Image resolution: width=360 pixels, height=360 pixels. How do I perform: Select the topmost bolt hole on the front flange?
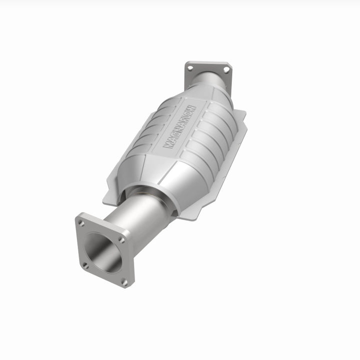(x=81, y=223)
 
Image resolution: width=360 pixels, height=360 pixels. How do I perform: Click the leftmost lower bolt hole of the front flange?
(x=85, y=265)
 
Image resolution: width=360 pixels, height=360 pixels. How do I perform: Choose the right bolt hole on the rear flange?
(x=226, y=70)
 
